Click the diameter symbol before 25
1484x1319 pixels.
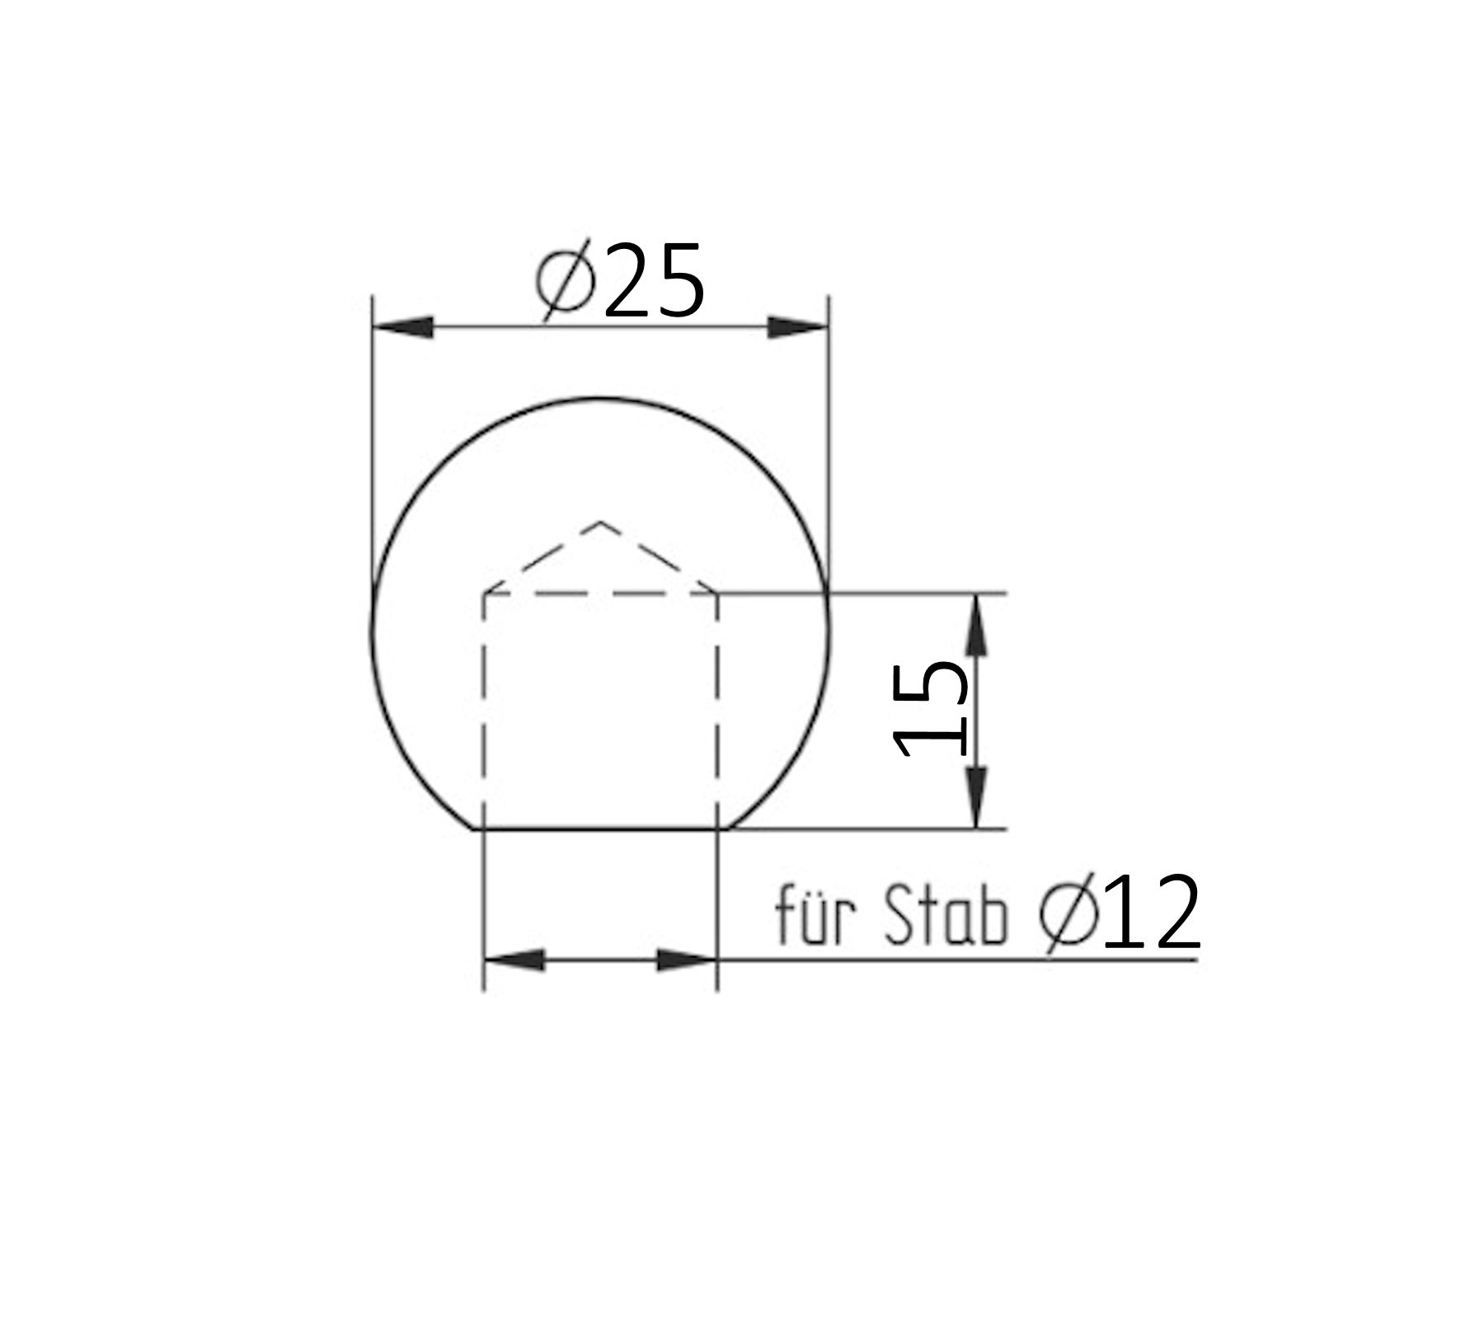pyautogui.click(x=566, y=281)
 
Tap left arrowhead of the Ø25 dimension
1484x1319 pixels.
pyautogui.click(x=404, y=327)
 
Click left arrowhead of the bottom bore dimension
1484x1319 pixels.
pyautogui.click(x=514, y=960)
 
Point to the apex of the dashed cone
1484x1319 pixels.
pyautogui.click(x=600, y=522)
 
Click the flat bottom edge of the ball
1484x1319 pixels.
pyautogui.click(x=600, y=828)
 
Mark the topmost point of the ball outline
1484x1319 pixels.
pyautogui.click(x=600, y=398)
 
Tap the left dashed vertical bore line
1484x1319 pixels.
pyautogui.click(x=484, y=709)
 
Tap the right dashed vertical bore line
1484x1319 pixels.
pyautogui.click(x=717, y=709)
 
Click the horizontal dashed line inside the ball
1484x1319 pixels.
pyautogui.click(x=600, y=593)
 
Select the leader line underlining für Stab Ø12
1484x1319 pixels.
pyautogui.click(x=956, y=960)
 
